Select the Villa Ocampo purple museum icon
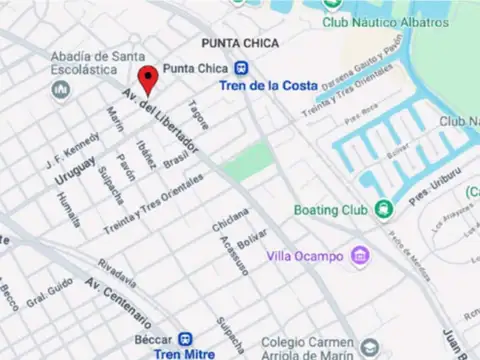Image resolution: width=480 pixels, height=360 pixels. (360, 257)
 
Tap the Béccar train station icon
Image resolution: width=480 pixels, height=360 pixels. (186, 339)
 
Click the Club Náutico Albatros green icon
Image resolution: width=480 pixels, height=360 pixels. (331, 22)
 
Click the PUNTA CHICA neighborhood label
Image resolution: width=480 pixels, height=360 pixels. (239, 43)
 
